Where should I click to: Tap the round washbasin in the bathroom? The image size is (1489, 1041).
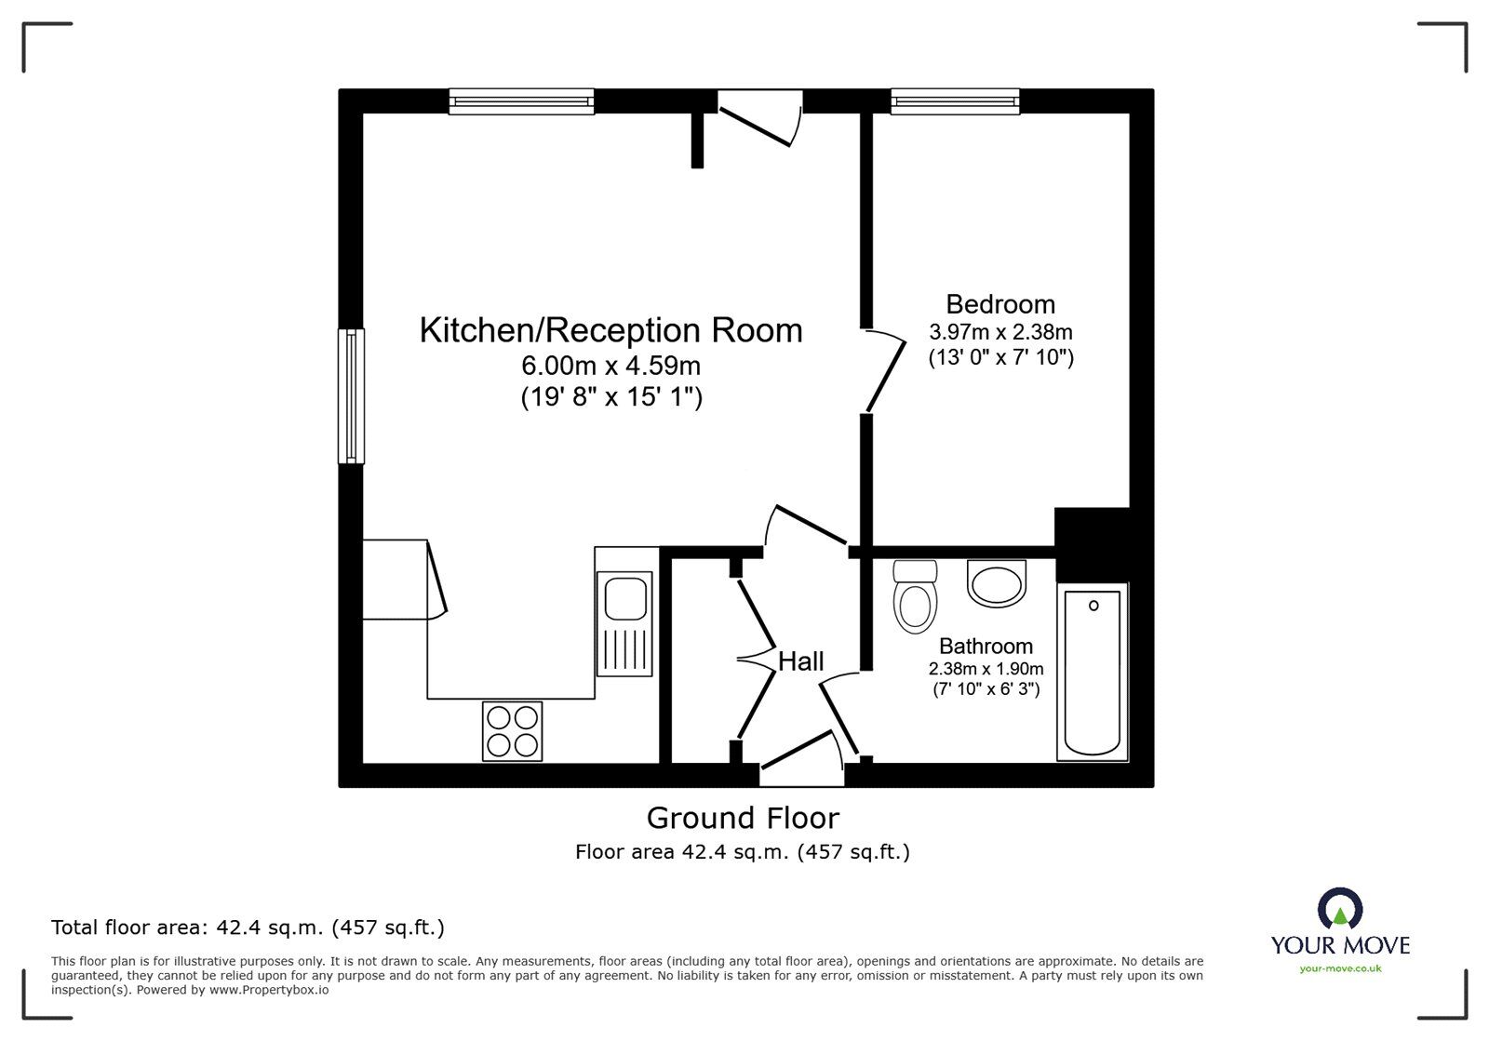pyautogui.click(x=996, y=583)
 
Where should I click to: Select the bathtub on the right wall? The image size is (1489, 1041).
pyautogui.click(x=1092, y=671)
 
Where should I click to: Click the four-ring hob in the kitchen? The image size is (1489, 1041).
pyautogui.click(x=513, y=730)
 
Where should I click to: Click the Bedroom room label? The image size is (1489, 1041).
pyautogui.click(x=1000, y=304)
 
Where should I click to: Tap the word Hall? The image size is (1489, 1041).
pyautogui.click(x=800, y=661)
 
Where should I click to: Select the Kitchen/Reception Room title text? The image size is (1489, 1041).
pyautogui.click(x=610, y=330)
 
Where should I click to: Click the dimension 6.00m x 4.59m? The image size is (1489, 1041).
pyautogui.click(x=610, y=366)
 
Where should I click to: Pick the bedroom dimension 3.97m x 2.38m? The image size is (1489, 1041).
pyautogui.click(x=1000, y=332)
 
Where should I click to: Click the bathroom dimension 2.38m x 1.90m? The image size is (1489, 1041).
pyautogui.click(x=986, y=669)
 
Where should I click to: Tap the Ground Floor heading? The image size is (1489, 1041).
pyautogui.click(x=742, y=818)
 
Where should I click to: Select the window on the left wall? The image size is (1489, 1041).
pyautogui.click(x=351, y=396)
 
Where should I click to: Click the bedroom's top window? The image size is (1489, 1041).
pyautogui.click(x=955, y=100)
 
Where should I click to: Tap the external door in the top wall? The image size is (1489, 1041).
pyautogui.click(x=759, y=117)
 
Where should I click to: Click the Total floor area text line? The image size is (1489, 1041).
pyautogui.click(x=248, y=928)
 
